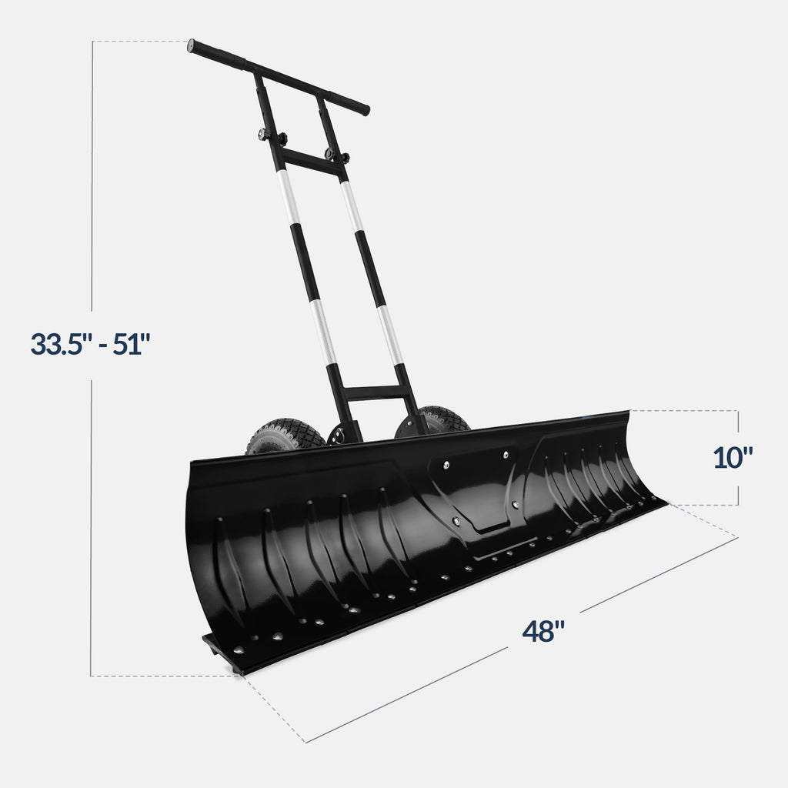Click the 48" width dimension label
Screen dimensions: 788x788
[543, 632]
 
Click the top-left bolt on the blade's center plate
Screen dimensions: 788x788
[446, 464]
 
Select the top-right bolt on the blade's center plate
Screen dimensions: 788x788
[506, 456]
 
